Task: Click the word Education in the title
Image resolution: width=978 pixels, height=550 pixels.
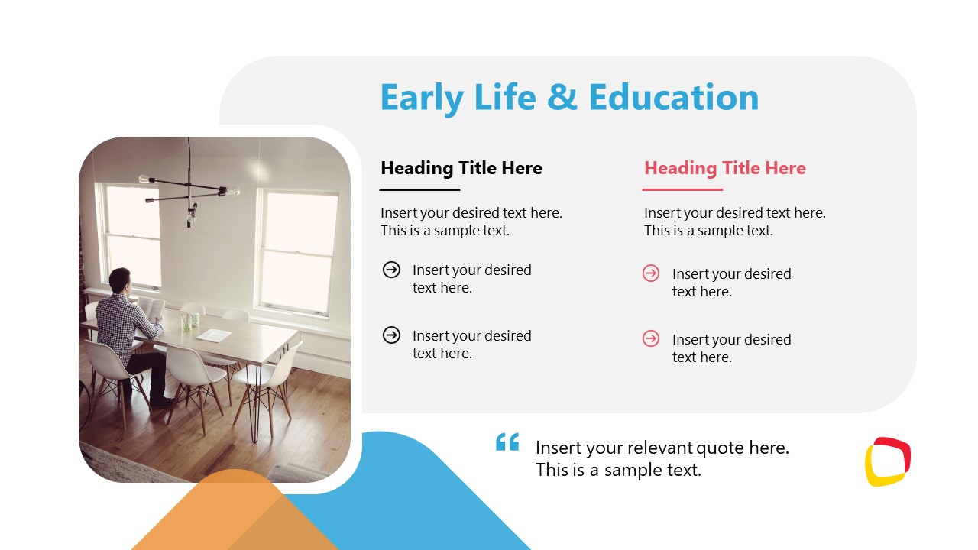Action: pos(673,98)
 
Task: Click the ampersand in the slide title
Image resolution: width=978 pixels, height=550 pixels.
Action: pos(564,98)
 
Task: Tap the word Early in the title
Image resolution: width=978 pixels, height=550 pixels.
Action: pos(422,98)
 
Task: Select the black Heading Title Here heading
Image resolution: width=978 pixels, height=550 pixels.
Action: pos(461,168)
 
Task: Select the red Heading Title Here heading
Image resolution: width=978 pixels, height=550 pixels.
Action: pos(724,168)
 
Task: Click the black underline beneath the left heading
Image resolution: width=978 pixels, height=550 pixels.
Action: pos(419,189)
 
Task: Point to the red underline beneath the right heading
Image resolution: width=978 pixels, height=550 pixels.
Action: pos(682,189)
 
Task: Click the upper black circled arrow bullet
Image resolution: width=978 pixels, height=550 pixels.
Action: pos(391,269)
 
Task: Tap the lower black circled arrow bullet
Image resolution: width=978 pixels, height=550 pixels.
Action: pos(391,335)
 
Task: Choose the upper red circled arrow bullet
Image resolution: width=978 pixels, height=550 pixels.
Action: pos(651,273)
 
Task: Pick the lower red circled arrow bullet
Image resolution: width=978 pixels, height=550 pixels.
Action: pos(651,338)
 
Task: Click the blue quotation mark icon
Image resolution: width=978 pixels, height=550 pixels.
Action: pos(507,442)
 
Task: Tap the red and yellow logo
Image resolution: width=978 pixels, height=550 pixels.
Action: pos(887,461)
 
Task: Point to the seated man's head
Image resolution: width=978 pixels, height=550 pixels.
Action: pos(120,280)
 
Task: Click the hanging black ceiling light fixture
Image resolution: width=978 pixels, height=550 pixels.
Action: pos(189,191)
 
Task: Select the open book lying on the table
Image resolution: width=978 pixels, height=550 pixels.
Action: pos(213,335)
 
